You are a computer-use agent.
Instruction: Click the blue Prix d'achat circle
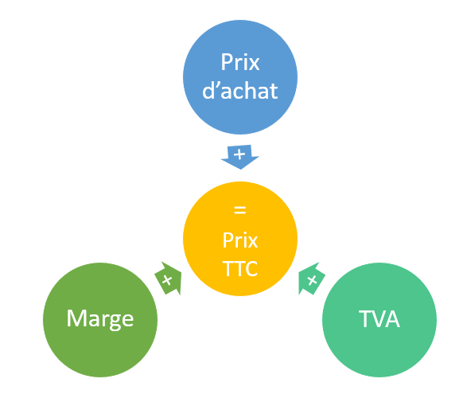pyautogui.click(x=240, y=77)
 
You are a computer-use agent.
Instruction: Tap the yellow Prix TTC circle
pyautogui.click(x=240, y=239)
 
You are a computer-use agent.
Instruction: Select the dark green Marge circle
pyautogui.click(x=100, y=320)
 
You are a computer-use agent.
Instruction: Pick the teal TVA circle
pyautogui.click(x=379, y=320)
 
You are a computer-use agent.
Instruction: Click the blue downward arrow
pyautogui.click(x=240, y=157)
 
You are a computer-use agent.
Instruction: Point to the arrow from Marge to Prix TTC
pyautogui.click(x=169, y=279)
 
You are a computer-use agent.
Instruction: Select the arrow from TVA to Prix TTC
pyautogui.click(x=311, y=279)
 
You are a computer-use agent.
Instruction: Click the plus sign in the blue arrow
pyautogui.click(x=239, y=154)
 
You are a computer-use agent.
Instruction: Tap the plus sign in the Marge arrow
pyautogui.click(x=167, y=280)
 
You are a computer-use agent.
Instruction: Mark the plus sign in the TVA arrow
pyautogui.click(x=312, y=280)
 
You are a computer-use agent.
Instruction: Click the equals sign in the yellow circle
pyautogui.click(x=239, y=210)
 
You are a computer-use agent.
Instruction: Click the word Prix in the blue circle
pyautogui.click(x=240, y=62)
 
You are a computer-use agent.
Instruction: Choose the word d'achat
pyautogui.click(x=240, y=91)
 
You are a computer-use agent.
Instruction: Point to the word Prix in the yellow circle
pyautogui.click(x=240, y=240)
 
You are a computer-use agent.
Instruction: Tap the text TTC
pyautogui.click(x=240, y=268)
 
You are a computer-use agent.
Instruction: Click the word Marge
pyautogui.click(x=100, y=319)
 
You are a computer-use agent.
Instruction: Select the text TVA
pyautogui.click(x=379, y=319)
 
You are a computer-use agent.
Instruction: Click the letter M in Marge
pyautogui.click(x=76, y=318)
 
